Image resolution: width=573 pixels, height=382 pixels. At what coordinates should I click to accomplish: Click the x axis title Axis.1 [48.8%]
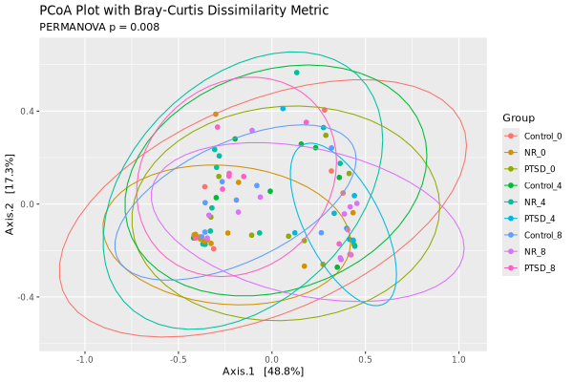coord(263,371)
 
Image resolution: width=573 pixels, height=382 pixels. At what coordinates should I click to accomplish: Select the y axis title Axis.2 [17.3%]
coord(11,202)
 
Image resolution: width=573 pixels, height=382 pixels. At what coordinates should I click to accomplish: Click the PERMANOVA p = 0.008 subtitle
coord(99,27)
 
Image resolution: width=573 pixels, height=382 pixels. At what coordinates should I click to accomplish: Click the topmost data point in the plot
coord(297,73)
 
